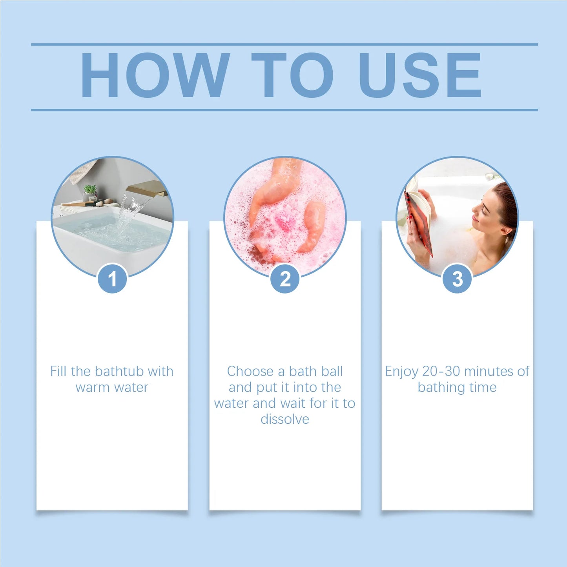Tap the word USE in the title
tap(419, 75)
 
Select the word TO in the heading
tap(292, 75)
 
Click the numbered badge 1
tap(112, 279)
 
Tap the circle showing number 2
tap(285, 279)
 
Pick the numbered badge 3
tap(457, 279)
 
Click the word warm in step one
tap(92, 387)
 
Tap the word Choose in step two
tap(250, 371)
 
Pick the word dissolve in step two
tap(285, 419)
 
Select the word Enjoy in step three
tap(401, 371)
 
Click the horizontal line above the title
tap(284, 44)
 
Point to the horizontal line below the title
tap(284, 110)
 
